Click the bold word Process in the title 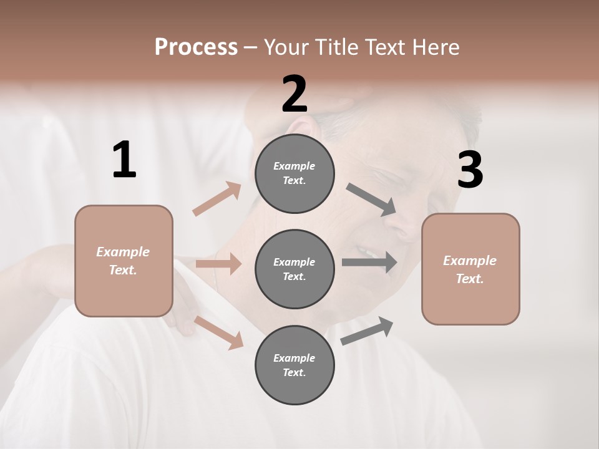[x=196, y=47]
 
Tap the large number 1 [x=124, y=160]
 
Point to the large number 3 [x=470, y=170]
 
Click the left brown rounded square [x=124, y=261]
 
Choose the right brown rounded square [x=470, y=269]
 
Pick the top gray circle [x=295, y=173]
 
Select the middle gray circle [x=295, y=269]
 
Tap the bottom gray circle [x=295, y=365]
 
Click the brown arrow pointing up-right [x=217, y=199]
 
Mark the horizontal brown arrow [x=218, y=264]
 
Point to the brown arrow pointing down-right [x=218, y=332]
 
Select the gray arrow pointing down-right [x=371, y=200]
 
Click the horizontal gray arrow [x=369, y=262]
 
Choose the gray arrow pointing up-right [x=368, y=331]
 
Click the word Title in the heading [x=335, y=47]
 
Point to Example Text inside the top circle [x=295, y=173]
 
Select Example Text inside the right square [x=470, y=269]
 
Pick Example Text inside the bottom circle [x=295, y=365]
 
